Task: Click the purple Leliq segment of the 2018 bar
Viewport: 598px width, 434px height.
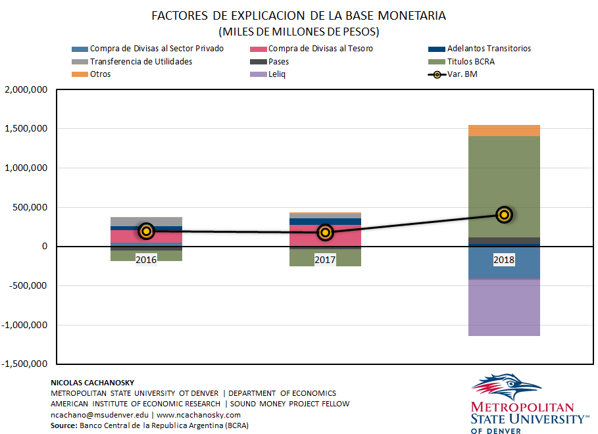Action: click(x=504, y=308)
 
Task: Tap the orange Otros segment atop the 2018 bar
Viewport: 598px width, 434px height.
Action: click(x=504, y=130)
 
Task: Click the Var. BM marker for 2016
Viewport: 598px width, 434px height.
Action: click(x=146, y=231)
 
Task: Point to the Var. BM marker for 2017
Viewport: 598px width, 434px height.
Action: click(x=325, y=232)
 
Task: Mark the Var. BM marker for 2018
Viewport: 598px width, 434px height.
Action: click(x=504, y=214)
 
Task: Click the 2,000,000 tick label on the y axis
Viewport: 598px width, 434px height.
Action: click(x=26, y=89)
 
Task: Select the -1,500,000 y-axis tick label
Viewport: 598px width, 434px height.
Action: click(x=25, y=364)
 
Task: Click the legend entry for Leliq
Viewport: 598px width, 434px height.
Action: click(x=276, y=74)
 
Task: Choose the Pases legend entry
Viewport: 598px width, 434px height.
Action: click(x=278, y=61)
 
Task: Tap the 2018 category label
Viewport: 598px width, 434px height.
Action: click(x=504, y=260)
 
